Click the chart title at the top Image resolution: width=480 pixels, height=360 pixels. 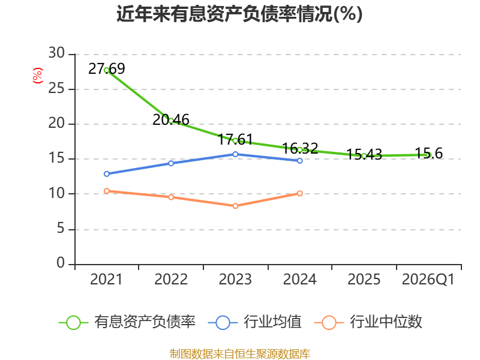[x=239, y=14]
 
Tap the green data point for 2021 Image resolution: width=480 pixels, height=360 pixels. [x=107, y=70]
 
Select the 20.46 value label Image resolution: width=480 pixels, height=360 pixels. [x=171, y=119]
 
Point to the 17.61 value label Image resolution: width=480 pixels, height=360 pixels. [x=235, y=139]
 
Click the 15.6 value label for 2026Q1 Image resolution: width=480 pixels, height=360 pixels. [x=428, y=153]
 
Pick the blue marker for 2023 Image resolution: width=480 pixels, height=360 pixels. [x=235, y=154]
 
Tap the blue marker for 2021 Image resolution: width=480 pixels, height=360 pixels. [x=107, y=174]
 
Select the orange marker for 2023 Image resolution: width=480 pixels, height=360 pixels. [x=235, y=206]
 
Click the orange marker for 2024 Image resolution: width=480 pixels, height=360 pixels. [x=299, y=193]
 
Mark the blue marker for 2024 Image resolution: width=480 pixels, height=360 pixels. [x=299, y=161]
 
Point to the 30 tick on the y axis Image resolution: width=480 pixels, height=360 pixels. [x=56, y=53]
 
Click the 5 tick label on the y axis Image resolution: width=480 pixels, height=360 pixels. [x=61, y=229]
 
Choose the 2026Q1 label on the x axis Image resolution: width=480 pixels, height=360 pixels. [x=428, y=280]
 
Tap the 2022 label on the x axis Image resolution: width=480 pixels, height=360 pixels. [x=171, y=280]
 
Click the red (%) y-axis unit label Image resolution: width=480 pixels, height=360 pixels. [x=38, y=76]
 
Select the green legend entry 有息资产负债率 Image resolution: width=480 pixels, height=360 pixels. [x=127, y=322]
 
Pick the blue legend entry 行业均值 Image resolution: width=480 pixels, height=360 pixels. [x=254, y=322]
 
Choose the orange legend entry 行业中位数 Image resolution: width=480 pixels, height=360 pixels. [x=368, y=322]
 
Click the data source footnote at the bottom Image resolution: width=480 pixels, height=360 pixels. [x=240, y=354]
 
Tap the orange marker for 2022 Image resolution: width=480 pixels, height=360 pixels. [x=171, y=197]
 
